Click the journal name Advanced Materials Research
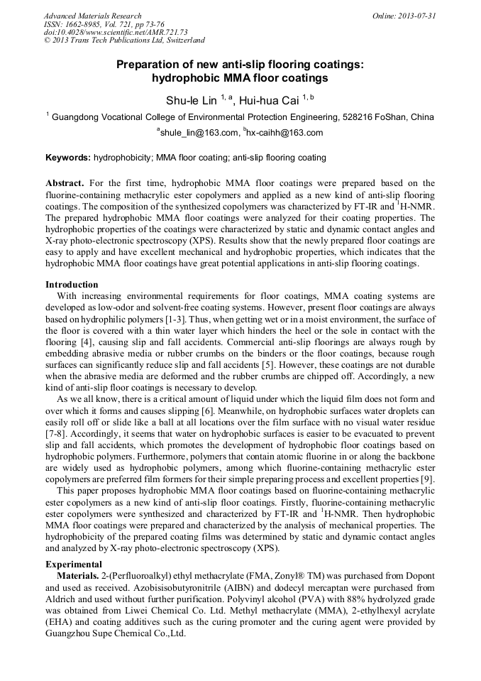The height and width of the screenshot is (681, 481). coord(92,16)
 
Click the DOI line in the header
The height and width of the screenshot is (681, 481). coord(106,32)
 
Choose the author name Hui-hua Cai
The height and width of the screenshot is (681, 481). coord(269,101)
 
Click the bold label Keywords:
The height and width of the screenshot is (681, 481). coord(68,158)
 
